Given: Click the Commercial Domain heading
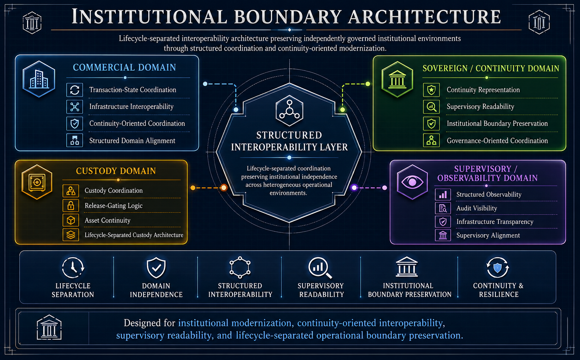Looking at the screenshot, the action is tap(124, 68).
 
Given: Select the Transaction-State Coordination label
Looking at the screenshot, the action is tap(133, 90).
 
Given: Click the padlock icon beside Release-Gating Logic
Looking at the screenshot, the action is tap(71, 206).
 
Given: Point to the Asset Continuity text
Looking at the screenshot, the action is tap(107, 220).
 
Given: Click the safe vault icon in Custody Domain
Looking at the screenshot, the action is tap(37, 182).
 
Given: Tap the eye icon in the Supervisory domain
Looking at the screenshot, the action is tap(412, 182).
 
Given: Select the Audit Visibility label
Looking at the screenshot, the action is tap(477, 208).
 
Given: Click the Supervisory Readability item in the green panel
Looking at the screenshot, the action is tap(480, 106).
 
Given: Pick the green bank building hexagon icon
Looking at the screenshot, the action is tap(397, 79).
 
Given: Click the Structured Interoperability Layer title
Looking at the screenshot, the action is tap(289, 141).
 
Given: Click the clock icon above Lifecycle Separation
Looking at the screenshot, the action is tap(73, 267).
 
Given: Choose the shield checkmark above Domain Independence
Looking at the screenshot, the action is tap(156, 267).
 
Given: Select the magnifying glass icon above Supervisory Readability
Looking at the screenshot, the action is tap(320, 268).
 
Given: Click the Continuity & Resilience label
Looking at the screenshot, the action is tap(498, 290).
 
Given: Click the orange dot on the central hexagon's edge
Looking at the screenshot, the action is tap(224, 188).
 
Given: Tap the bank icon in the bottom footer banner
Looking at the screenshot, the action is tap(49, 327).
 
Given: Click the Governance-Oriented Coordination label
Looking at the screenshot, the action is tap(497, 141).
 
